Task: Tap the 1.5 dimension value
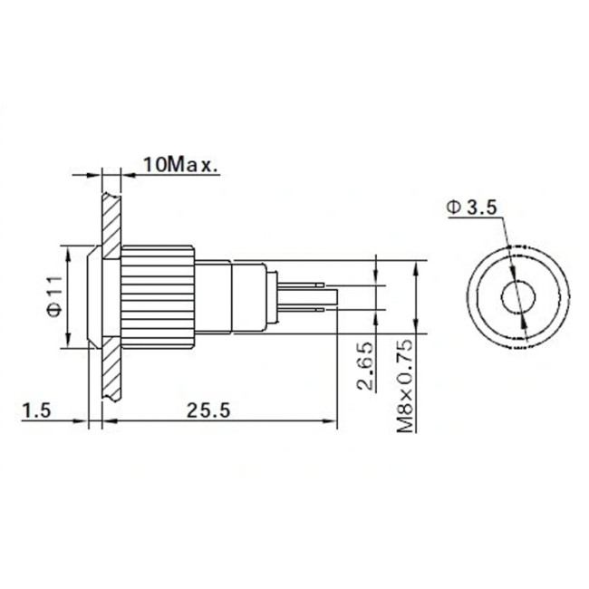[x=35, y=410]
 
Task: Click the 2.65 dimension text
[x=364, y=367]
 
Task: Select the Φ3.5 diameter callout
[x=472, y=208]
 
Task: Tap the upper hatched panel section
[x=111, y=213]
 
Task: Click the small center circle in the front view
[x=517, y=296]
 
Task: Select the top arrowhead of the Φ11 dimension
[x=68, y=249]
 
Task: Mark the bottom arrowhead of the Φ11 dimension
[x=68, y=343]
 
